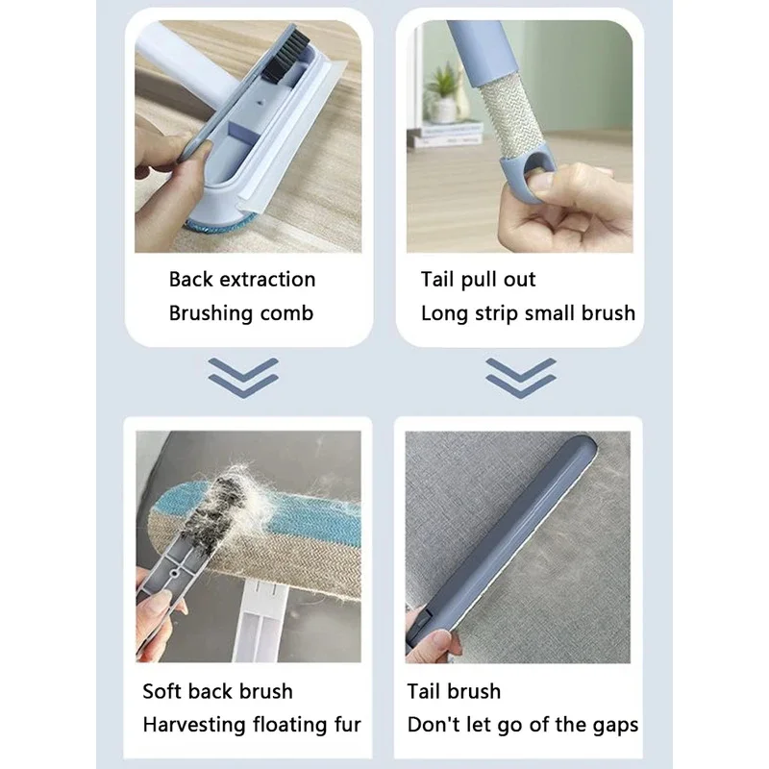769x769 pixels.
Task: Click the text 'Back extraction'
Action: [242, 280]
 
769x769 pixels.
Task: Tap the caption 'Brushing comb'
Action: [241, 313]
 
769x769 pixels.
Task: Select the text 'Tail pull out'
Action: [478, 280]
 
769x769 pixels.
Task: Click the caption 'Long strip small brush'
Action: [528, 313]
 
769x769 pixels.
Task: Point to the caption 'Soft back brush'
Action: [218, 691]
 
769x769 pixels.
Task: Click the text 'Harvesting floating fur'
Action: [252, 725]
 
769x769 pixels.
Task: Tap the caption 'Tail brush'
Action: [454, 691]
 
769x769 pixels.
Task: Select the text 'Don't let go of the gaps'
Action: [523, 725]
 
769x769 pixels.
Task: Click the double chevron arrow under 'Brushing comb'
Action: [243, 377]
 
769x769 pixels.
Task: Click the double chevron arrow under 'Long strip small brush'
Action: [520, 377]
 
